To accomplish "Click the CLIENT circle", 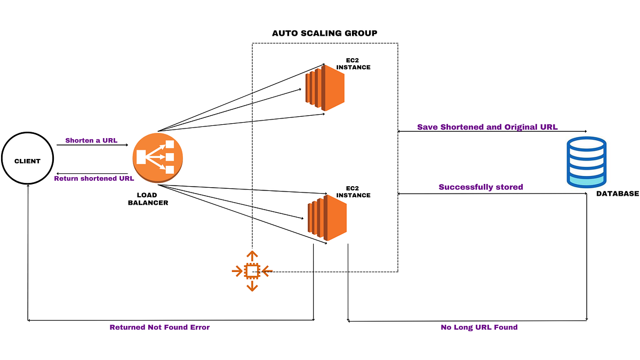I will [x=27, y=161].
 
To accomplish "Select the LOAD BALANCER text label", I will [x=148, y=199].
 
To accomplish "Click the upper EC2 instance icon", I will [x=325, y=87].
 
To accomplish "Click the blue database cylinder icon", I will [x=587, y=162].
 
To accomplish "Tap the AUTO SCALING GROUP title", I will [x=324, y=33].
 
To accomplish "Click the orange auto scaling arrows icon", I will [x=252, y=271].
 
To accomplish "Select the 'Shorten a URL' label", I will [x=91, y=141].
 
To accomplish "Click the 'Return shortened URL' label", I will [x=94, y=178].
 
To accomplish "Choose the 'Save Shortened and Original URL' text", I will [x=487, y=127].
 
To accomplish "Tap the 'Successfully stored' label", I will [x=481, y=187].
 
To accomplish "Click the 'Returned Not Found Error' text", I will [x=159, y=327].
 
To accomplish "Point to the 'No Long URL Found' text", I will [x=479, y=327].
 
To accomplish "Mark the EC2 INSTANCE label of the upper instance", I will [x=353, y=64].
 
